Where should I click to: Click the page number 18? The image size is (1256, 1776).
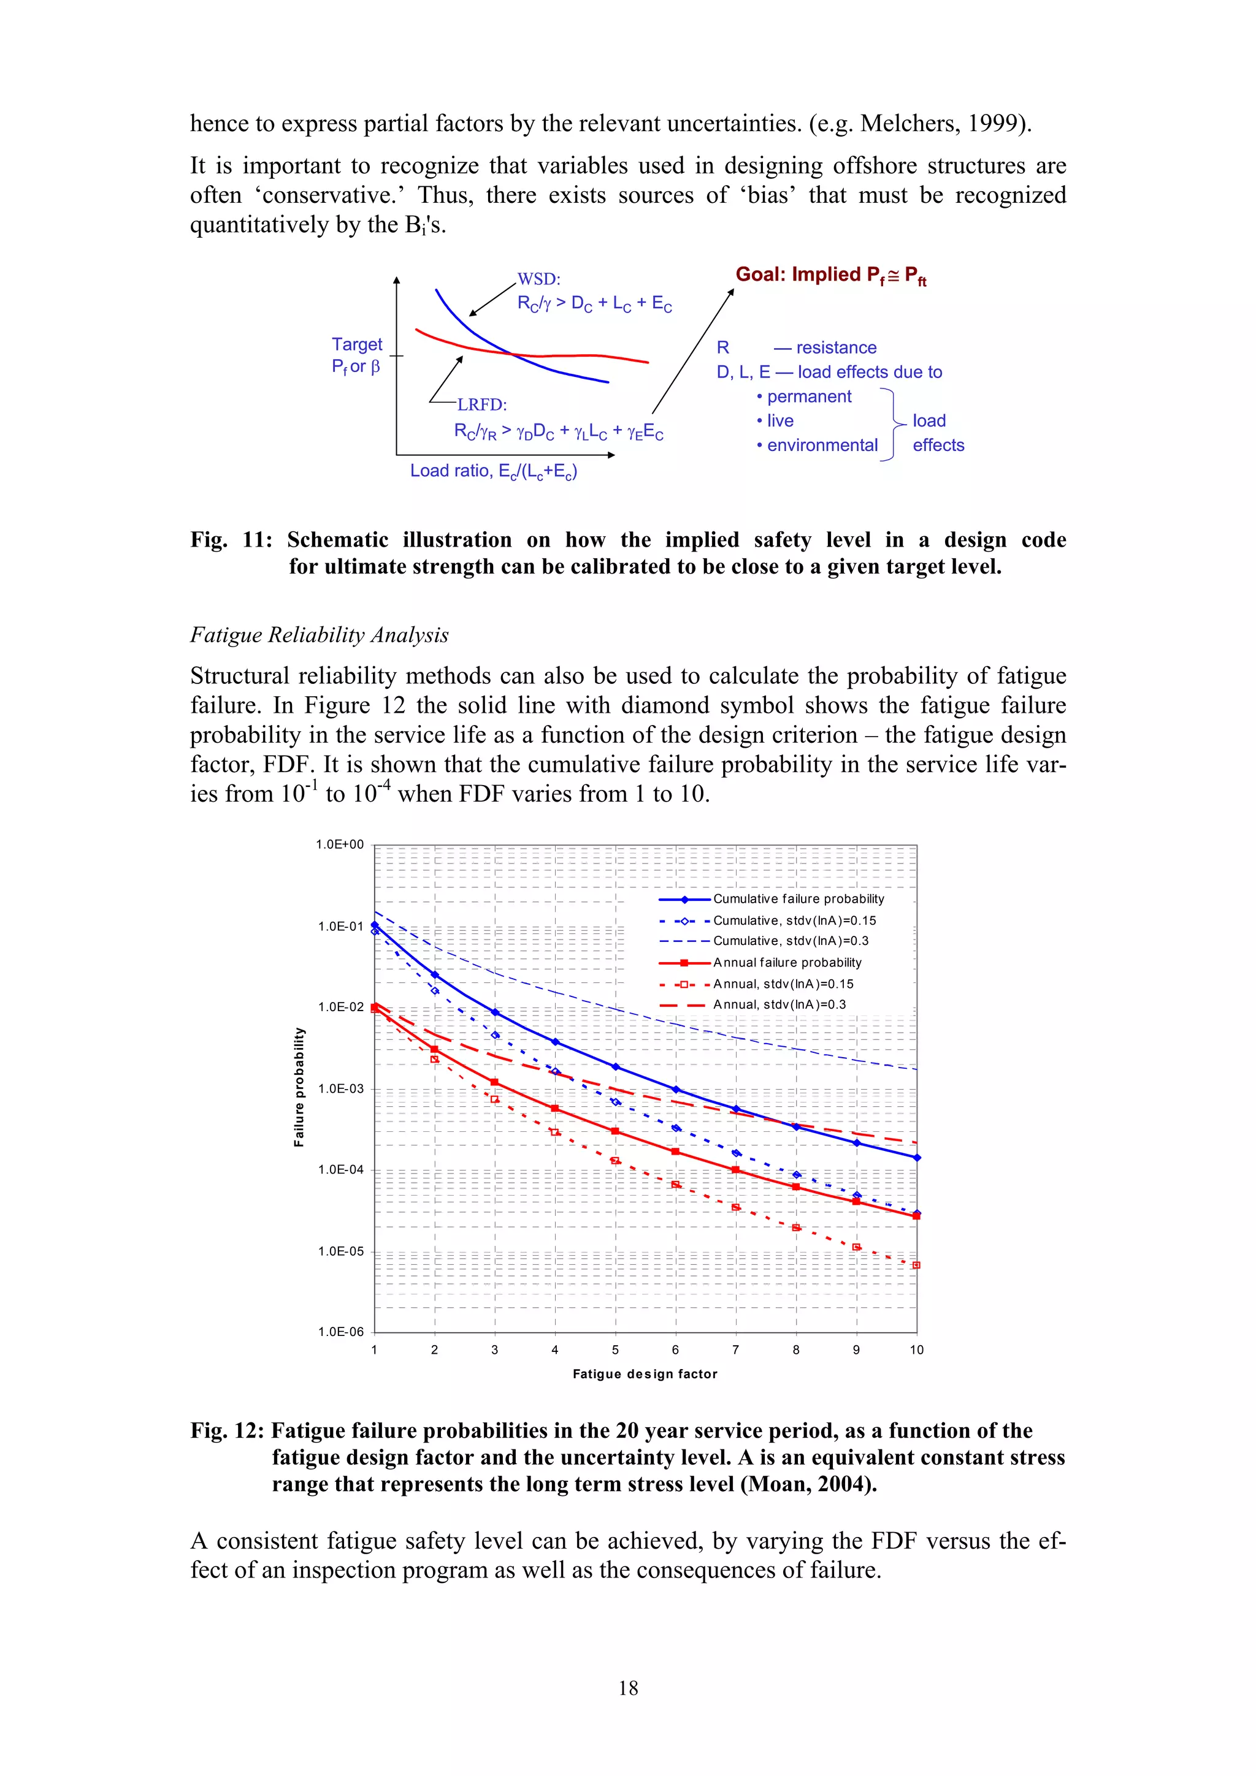(627, 1688)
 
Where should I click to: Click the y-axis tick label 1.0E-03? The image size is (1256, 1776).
(340, 1088)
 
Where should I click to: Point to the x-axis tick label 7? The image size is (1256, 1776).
(735, 1350)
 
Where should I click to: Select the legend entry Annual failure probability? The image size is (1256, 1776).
(787, 962)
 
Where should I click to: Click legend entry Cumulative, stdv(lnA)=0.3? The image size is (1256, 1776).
(790, 941)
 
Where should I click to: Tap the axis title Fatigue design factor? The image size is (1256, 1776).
(645, 1374)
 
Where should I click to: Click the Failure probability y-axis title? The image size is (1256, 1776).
(299, 1087)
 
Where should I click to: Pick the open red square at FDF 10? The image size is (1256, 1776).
(916, 1266)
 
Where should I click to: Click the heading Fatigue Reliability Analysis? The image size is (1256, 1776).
(319, 635)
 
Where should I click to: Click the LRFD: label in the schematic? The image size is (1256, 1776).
(481, 404)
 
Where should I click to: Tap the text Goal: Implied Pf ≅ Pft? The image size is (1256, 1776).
(830, 275)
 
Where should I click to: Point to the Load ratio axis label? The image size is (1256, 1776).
(493, 471)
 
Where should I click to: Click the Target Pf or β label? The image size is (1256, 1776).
(357, 355)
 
